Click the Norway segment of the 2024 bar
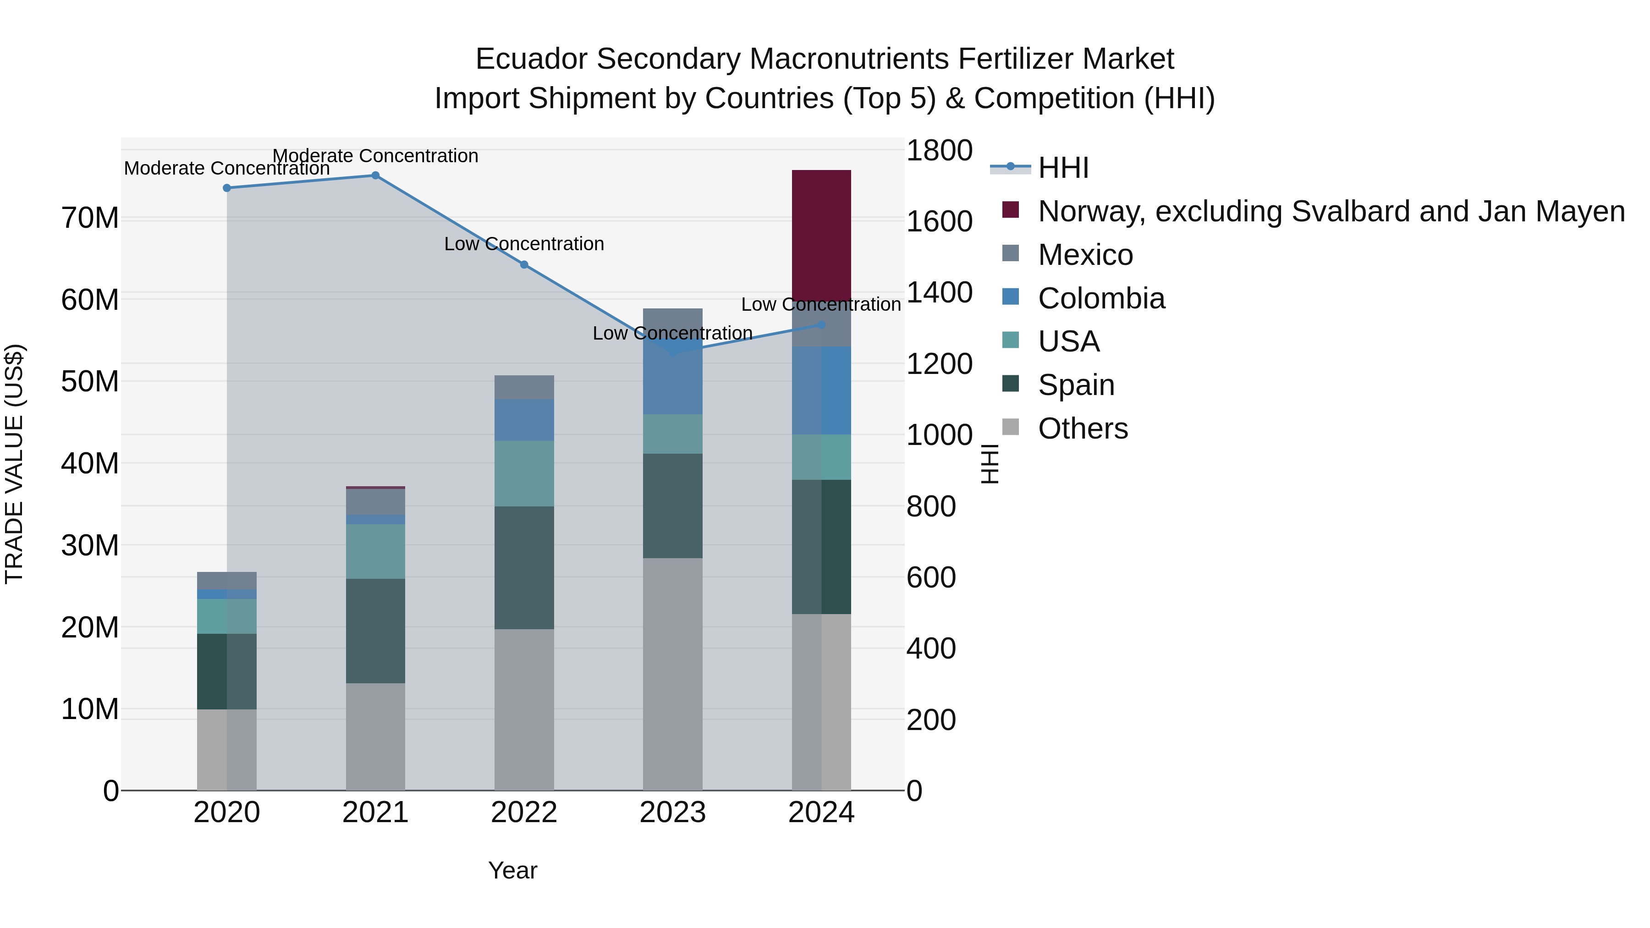(x=821, y=234)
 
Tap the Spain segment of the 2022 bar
(x=524, y=567)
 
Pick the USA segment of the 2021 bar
(x=375, y=551)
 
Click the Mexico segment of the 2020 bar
(x=227, y=580)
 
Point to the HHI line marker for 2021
(x=375, y=176)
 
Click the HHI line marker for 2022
(x=524, y=264)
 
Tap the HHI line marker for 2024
(x=821, y=325)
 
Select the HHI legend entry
(x=1063, y=168)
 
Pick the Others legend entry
(x=1083, y=428)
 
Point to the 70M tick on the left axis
(x=90, y=219)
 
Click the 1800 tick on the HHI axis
(x=939, y=151)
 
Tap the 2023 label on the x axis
(x=672, y=813)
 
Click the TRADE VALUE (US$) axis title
(x=14, y=464)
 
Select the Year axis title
(x=512, y=870)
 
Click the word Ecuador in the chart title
(x=531, y=59)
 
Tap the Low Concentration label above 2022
(x=524, y=244)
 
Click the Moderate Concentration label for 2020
(x=227, y=169)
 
